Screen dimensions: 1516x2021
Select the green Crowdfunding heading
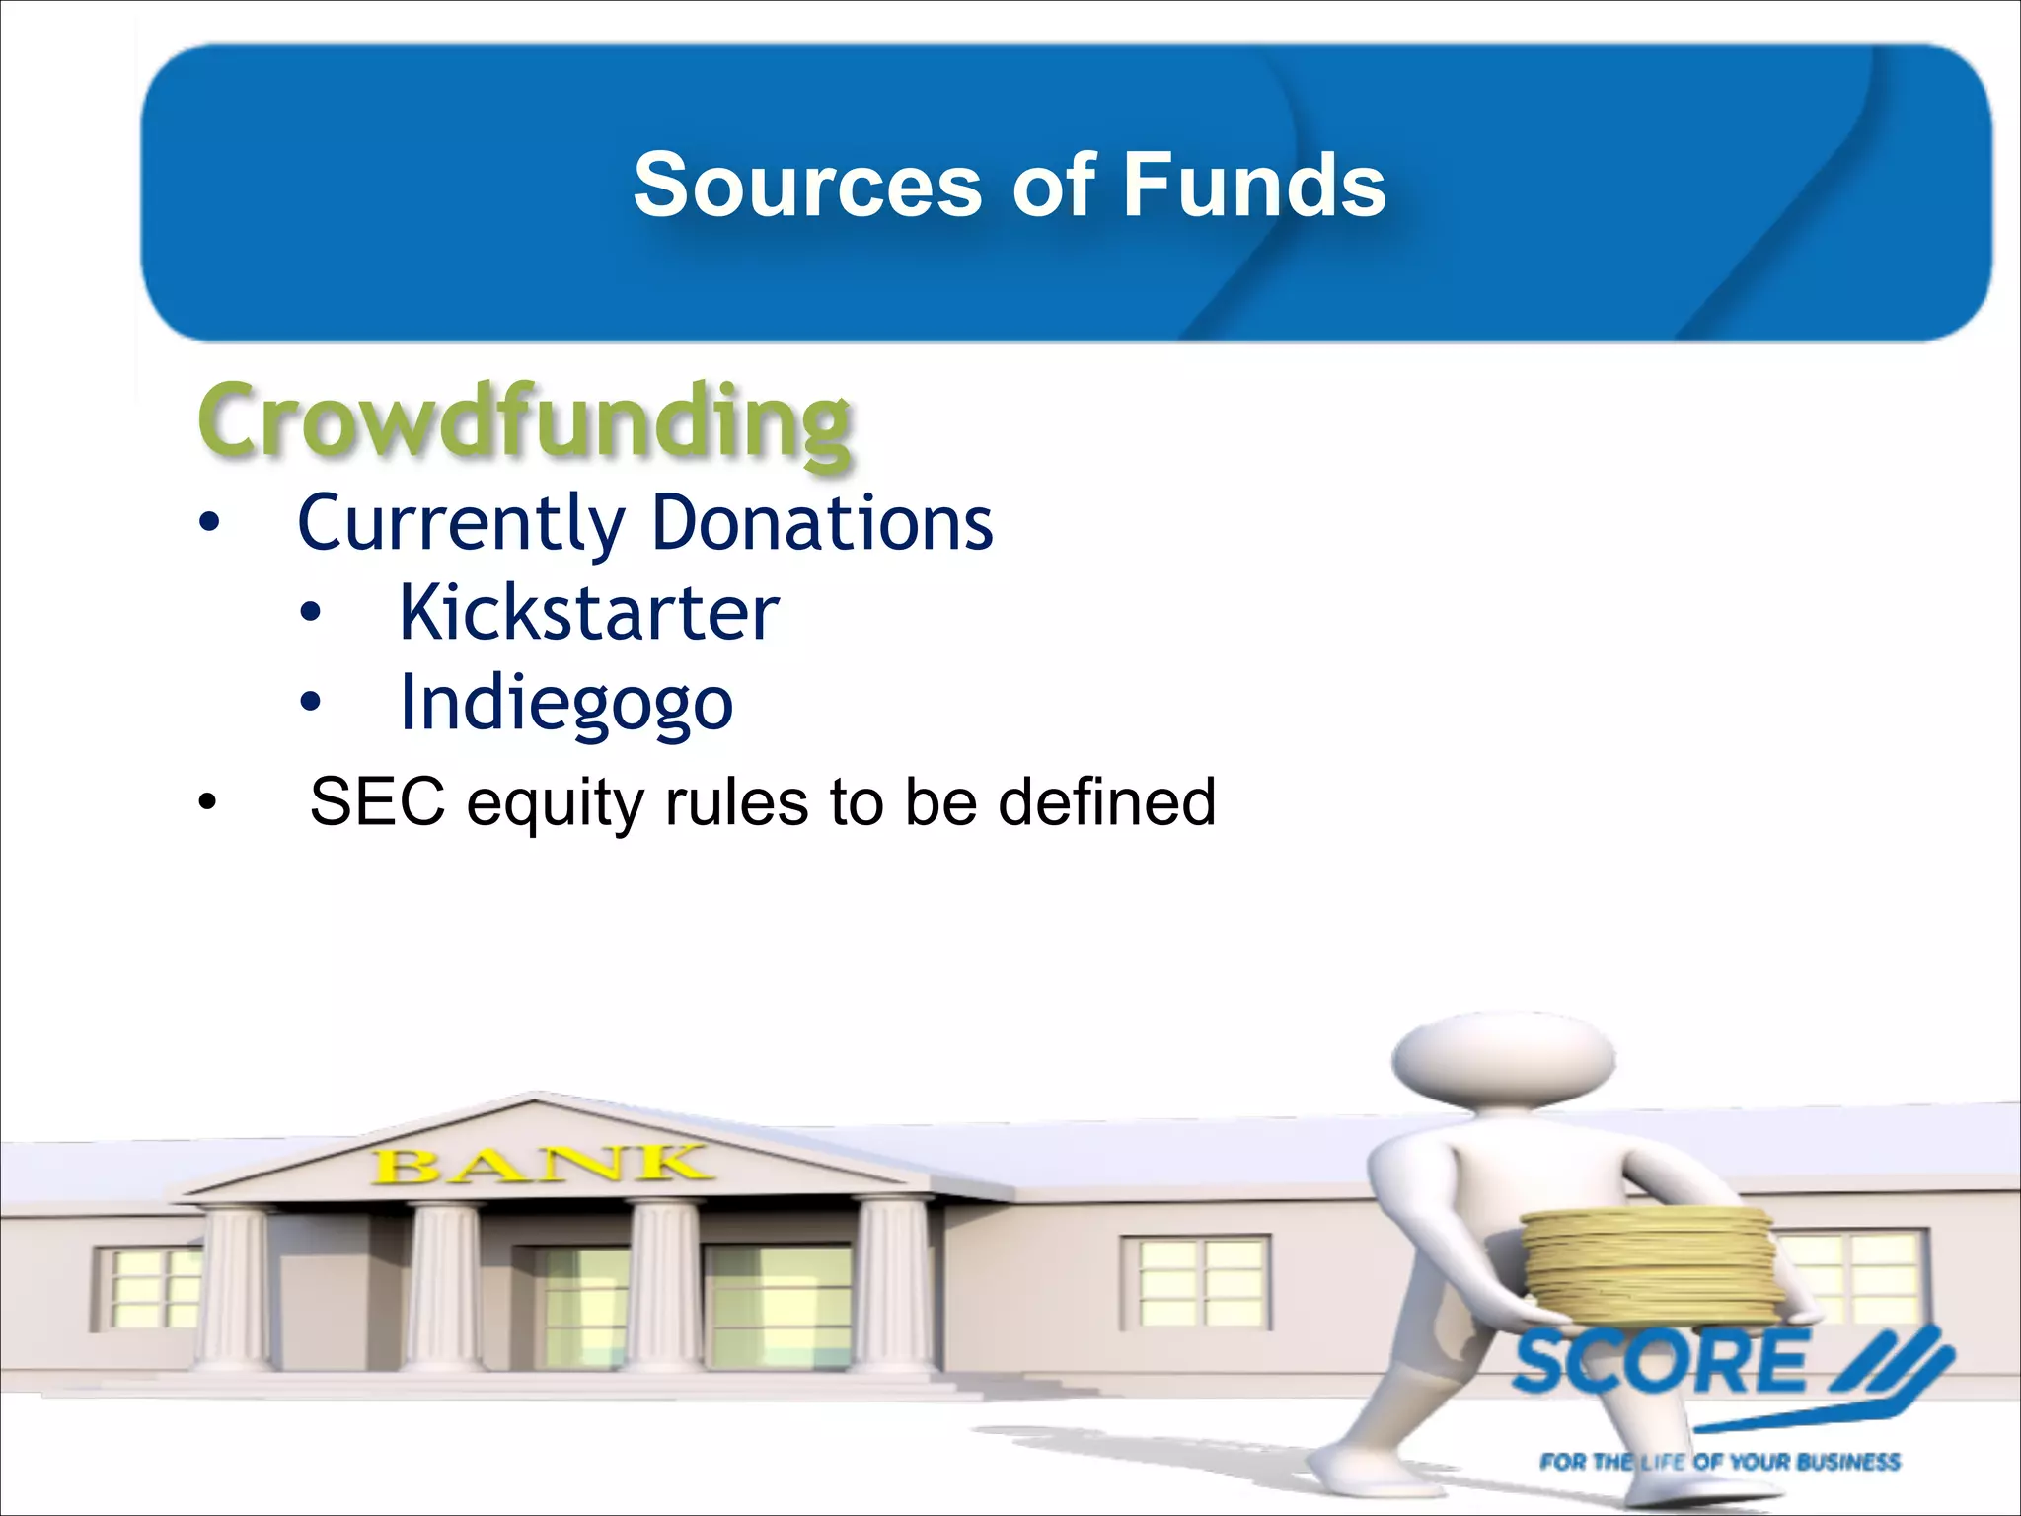(x=524, y=421)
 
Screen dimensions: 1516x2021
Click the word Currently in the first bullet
(x=461, y=523)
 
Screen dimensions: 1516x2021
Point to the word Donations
(x=822, y=523)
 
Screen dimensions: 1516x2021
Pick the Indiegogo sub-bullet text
(x=566, y=704)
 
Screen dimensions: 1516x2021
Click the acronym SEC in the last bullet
(x=377, y=800)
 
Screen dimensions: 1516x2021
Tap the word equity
(x=555, y=802)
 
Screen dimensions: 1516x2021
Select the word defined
(x=1106, y=800)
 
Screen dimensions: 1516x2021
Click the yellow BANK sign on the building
(x=541, y=1165)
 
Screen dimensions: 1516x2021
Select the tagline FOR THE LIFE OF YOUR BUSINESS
(x=1719, y=1462)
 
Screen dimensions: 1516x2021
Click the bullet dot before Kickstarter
(x=311, y=614)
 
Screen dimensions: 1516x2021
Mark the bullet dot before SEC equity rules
(x=206, y=801)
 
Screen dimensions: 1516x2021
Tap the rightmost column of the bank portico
(x=892, y=1283)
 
